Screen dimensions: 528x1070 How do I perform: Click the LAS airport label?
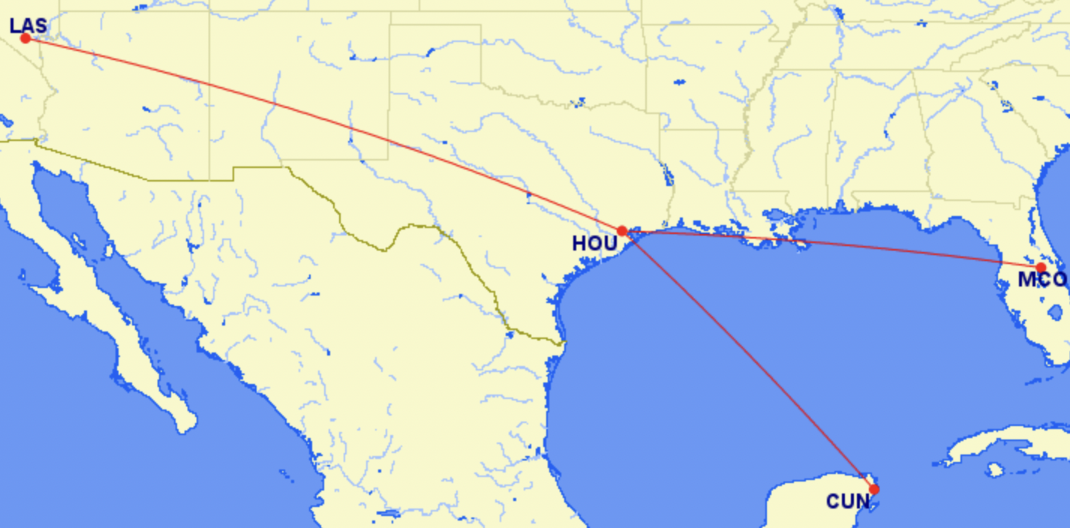(x=28, y=25)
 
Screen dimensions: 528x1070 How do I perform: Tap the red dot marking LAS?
(x=26, y=37)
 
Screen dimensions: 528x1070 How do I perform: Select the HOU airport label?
(x=594, y=244)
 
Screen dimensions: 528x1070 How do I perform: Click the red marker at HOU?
(x=622, y=231)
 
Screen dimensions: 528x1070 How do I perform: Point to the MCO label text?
(x=1041, y=280)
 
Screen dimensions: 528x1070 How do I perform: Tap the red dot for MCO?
(x=1041, y=268)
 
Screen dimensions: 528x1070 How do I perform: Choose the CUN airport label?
(x=848, y=501)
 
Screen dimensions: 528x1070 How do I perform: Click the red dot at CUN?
(x=874, y=489)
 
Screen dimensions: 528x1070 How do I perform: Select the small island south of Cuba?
(x=995, y=470)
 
